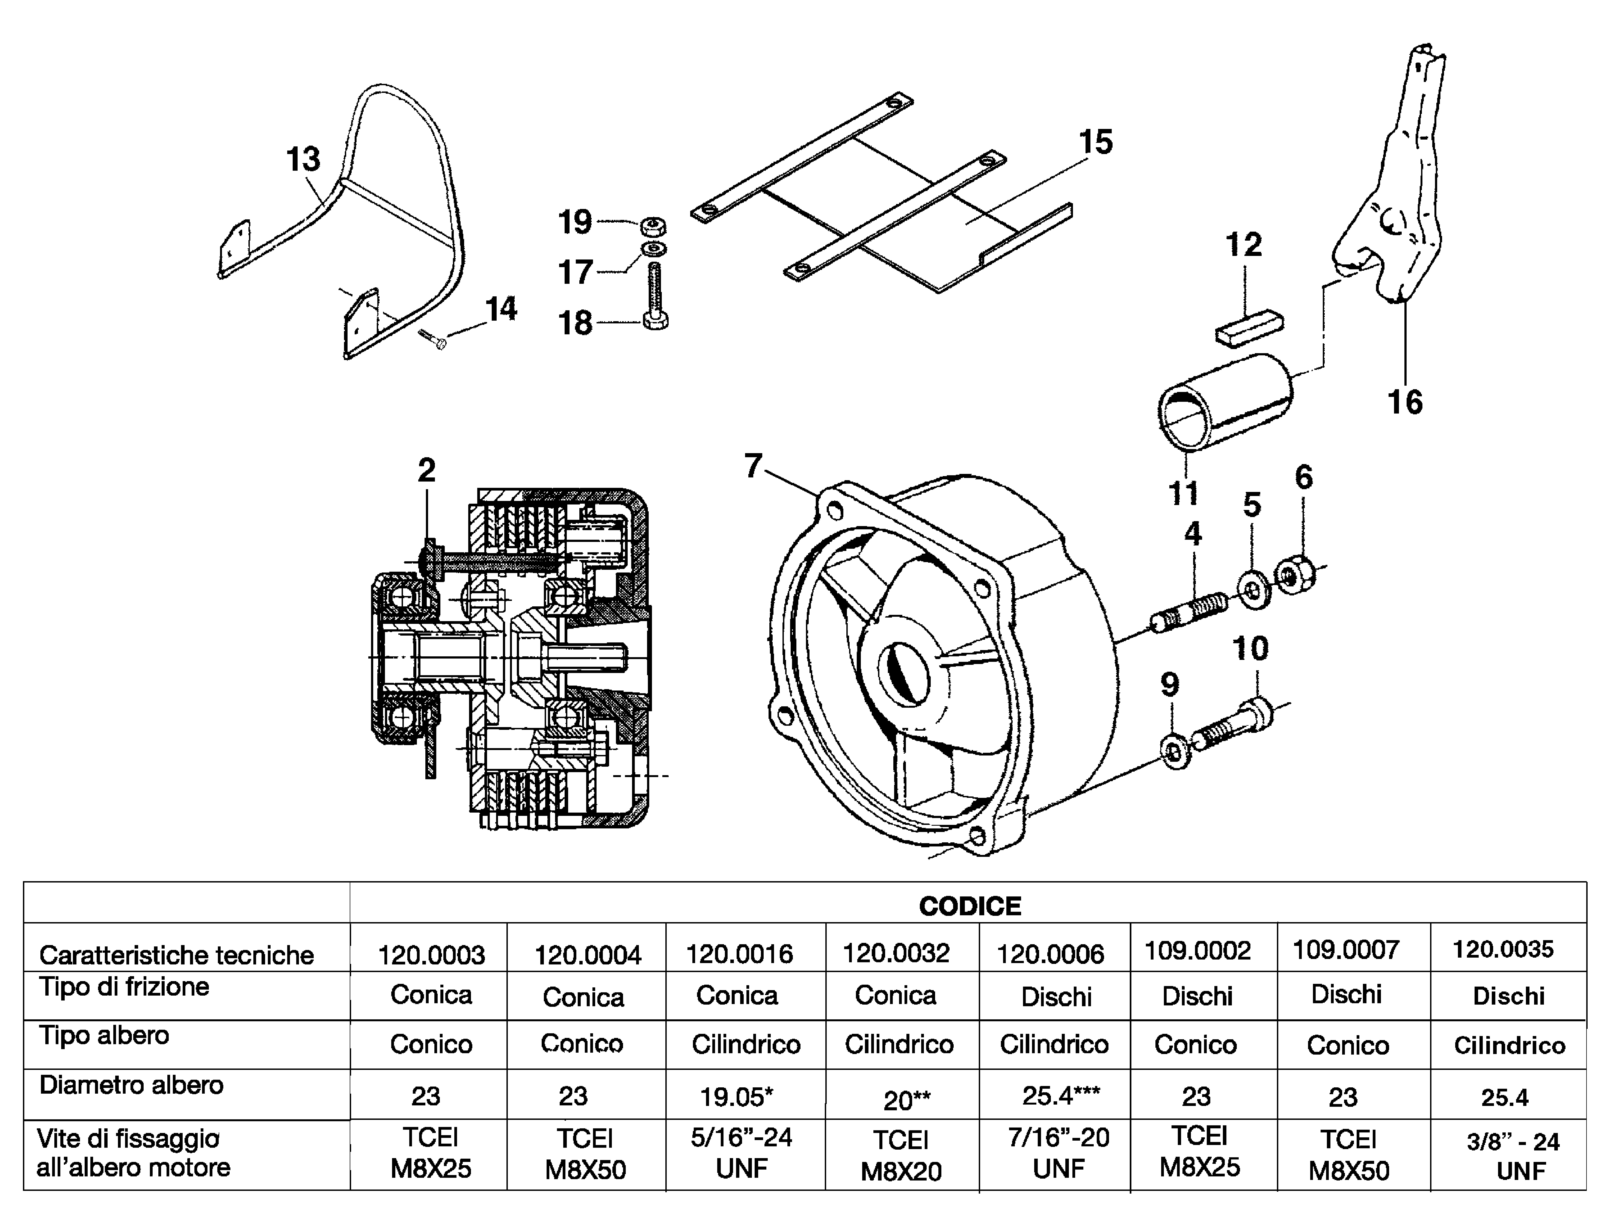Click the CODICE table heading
[969, 906]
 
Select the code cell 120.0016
[739, 954]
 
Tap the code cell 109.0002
[1197, 951]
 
